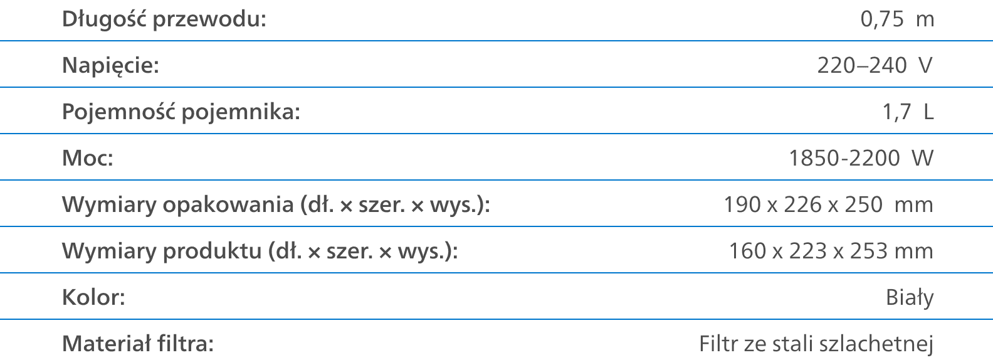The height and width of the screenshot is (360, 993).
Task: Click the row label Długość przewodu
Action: click(164, 19)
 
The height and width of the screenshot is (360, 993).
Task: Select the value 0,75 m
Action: click(897, 19)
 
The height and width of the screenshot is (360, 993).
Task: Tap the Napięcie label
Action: click(110, 65)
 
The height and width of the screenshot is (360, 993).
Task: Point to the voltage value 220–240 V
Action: click(875, 65)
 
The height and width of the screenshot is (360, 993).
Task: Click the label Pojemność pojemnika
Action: click(181, 112)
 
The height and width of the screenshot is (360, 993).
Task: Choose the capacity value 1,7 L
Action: click(908, 112)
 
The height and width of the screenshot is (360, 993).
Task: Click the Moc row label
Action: click(88, 158)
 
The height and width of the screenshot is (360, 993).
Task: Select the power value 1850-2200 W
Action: click(861, 158)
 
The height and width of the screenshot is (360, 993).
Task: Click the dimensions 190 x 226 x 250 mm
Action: click(828, 204)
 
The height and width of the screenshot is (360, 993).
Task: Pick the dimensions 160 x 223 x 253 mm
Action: click(831, 251)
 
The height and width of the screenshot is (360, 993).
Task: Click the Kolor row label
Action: click(94, 297)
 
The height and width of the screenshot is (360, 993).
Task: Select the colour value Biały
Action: click(910, 297)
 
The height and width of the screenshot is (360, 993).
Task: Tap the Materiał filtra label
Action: click(138, 344)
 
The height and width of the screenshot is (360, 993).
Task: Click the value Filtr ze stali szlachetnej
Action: click(816, 344)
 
